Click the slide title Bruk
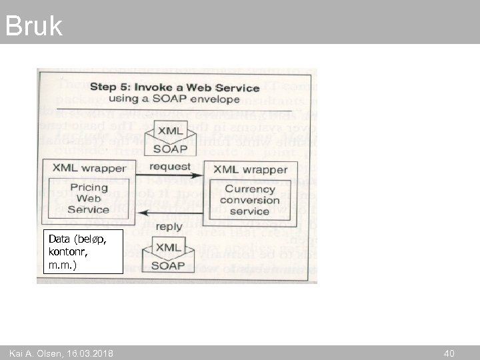(33, 25)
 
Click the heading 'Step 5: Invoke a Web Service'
(175, 87)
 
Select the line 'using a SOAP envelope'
(173, 99)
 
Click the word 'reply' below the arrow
(169, 227)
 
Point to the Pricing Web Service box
(88, 199)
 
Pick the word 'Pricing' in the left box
(89, 188)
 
